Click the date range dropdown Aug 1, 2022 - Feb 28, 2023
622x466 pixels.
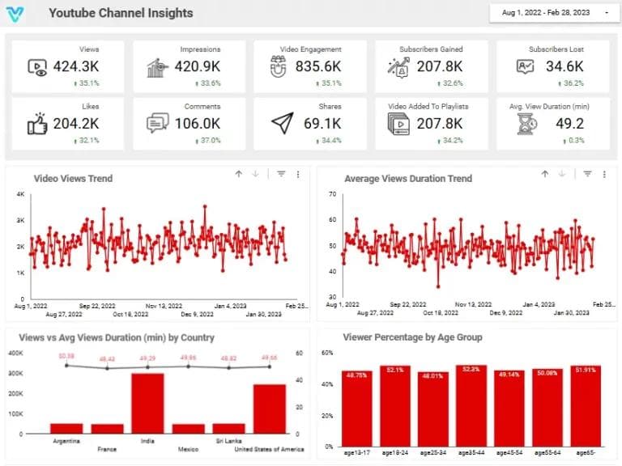(x=550, y=13)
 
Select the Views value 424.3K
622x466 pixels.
(x=76, y=67)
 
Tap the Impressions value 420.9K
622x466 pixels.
(x=198, y=67)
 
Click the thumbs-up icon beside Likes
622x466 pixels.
(x=37, y=124)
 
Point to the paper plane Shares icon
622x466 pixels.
(x=281, y=124)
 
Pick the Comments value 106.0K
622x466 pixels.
(x=198, y=124)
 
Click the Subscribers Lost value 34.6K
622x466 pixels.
(x=563, y=67)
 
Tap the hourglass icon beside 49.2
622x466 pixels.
(x=528, y=124)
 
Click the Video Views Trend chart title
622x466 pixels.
(x=73, y=178)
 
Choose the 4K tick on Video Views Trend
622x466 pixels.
(x=21, y=194)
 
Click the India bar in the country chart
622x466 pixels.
(x=147, y=404)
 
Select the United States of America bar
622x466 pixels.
(x=269, y=409)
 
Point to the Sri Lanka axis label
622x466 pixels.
(x=228, y=442)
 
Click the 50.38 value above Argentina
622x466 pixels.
(x=66, y=356)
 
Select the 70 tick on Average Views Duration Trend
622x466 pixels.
(x=332, y=194)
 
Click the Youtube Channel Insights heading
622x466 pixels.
(x=121, y=13)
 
